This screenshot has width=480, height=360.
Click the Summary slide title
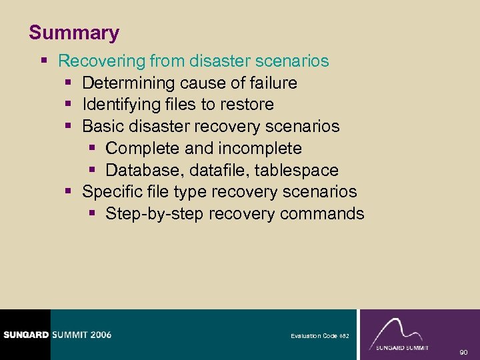pyautogui.click(x=74, y=33)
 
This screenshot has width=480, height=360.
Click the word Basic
pyautogui.click(x=100, y=127)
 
